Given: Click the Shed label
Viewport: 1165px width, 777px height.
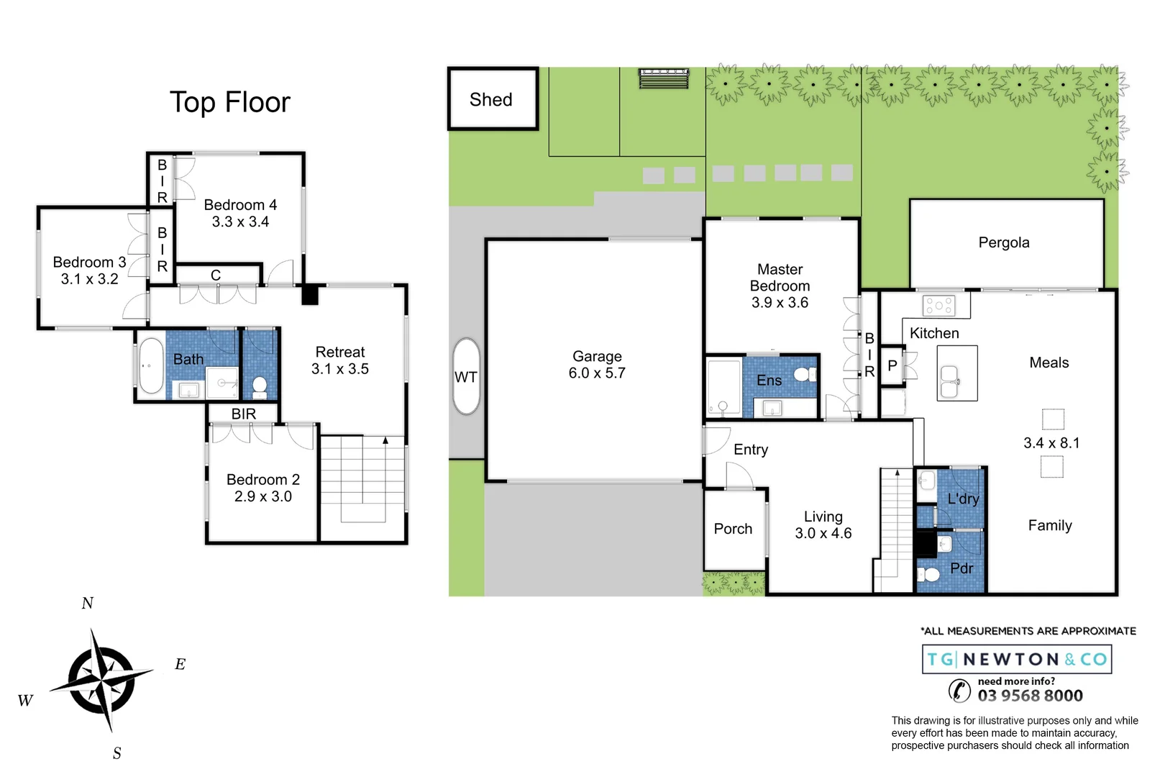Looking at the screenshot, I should coord(491,100).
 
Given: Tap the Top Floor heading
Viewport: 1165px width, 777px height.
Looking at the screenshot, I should coord(229,102).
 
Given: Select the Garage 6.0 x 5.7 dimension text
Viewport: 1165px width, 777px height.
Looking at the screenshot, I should coord(597,373).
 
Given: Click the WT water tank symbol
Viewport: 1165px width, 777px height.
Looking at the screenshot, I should coord(466,377).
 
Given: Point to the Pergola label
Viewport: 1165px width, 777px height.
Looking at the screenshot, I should coord(1004,242).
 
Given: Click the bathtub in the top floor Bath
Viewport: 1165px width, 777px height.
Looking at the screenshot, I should coord(151,365).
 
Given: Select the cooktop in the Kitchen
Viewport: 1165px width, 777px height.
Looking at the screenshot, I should coord(938,306).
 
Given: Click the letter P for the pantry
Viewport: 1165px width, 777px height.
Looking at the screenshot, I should coord(892,365).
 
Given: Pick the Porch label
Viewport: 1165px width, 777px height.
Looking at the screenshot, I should coord(733,529).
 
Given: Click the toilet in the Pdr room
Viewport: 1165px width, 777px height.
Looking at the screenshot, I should coord(930,574).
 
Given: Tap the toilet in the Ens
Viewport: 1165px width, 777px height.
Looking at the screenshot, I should coord(804,374).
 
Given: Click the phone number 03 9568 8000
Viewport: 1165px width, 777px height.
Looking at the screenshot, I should coord(1030,696).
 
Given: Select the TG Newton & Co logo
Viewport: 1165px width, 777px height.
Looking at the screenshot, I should coord(1017,659).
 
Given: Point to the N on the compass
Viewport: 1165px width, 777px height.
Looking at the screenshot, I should coord(88,604).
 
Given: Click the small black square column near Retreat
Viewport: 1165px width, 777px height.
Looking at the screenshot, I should coord(309,295).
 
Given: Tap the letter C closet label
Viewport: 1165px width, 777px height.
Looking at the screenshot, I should coord(216,276).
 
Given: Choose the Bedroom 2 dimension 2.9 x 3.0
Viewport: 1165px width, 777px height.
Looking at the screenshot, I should coord(263,496).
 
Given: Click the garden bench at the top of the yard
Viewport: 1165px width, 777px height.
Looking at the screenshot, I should coord(664,77).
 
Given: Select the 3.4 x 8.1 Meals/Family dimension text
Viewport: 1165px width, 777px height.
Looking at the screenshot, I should coord(1051,443).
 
